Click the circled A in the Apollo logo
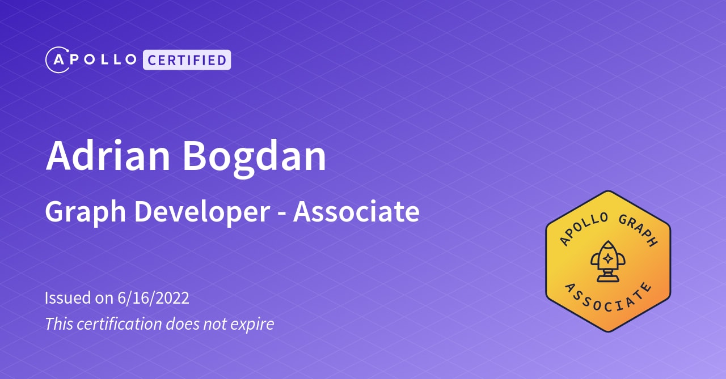point(57,59)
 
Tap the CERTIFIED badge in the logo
point(187,59)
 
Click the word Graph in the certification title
point(85,212)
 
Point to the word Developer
point(202,212)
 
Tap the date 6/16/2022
point(153,298)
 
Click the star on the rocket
point(607,258)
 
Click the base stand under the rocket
point(607,276)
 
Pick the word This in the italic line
point(58,324)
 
